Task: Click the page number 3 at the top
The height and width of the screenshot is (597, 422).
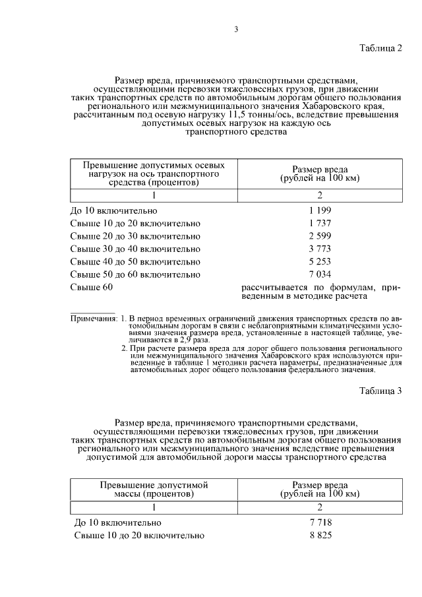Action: [x=236, y=28]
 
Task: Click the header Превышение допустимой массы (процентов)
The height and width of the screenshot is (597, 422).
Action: [x=153, y=489]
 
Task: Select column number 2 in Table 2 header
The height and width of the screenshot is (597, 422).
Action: [x=319, y=195]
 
